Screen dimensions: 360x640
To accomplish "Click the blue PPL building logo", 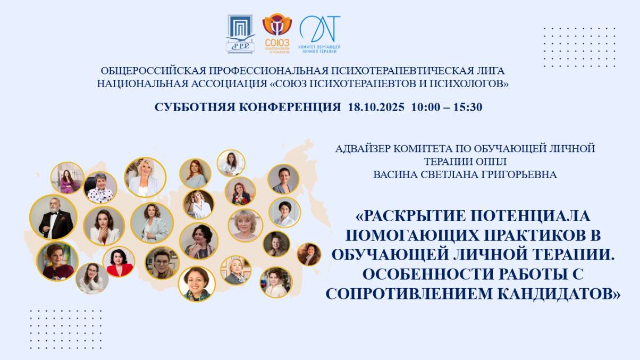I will (x=241, y=34).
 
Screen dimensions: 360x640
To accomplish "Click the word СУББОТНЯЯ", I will (x=194, y=107).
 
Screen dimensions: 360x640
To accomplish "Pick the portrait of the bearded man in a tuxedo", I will (x=53, y=217).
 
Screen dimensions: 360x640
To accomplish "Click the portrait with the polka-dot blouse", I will (x=100, y=188).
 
